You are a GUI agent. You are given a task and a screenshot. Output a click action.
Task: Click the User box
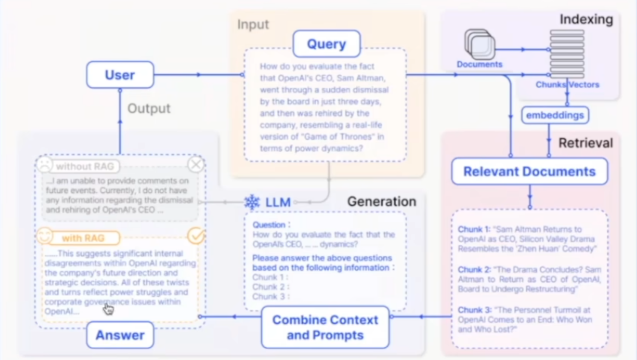(120, 75)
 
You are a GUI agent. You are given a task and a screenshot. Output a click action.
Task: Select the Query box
(326, 44)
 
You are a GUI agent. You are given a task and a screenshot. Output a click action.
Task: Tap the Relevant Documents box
(529, 172)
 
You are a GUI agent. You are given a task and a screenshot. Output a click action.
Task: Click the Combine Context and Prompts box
(325, 327)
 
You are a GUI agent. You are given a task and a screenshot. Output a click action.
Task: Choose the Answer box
(120, 335)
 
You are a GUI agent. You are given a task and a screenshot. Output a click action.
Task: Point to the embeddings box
(555, 115)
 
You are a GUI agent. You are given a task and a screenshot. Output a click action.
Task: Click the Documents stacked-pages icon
(479, 44)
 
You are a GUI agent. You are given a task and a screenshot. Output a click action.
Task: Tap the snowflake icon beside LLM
(252, 202)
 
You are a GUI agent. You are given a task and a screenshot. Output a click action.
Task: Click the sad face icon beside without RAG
(44, 165)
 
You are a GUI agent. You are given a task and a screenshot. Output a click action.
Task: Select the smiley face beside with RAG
(44, 236)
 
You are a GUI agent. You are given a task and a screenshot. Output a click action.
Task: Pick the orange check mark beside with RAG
(196, 236)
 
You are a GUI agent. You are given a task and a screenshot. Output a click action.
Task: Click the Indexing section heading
(586, 19)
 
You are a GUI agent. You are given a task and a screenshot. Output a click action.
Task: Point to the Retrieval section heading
(585, 143)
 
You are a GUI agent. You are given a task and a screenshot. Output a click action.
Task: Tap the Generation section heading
(381, 201)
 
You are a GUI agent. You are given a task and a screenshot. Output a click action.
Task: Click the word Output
(149, 108)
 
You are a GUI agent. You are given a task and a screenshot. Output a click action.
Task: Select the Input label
(253, 25)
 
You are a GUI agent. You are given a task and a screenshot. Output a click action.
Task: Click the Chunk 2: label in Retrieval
(474, 270)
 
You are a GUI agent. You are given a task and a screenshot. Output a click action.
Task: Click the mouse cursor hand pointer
(108, 308)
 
